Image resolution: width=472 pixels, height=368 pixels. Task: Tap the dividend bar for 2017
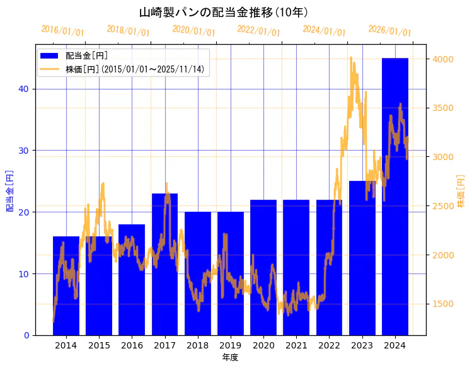[164, 264]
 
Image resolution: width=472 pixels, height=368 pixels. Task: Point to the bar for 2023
[362, 258]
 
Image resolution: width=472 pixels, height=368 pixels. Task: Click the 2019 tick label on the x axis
[231, 345]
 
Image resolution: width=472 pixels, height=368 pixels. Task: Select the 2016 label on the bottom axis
[132, 345]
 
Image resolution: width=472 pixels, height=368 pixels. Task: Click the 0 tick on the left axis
[26, 335]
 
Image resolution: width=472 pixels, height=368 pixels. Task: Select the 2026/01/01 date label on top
[389, 30]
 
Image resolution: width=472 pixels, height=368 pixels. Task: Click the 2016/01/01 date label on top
[62, 30]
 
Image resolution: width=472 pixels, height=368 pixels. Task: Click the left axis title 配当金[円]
[10, 190]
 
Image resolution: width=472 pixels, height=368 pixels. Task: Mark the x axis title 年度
[230, 357]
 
